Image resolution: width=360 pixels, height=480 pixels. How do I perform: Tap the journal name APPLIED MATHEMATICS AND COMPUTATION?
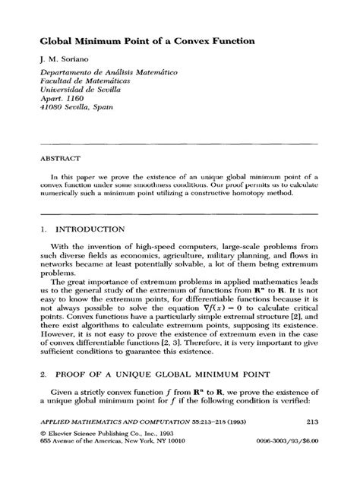tap(117, 444)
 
